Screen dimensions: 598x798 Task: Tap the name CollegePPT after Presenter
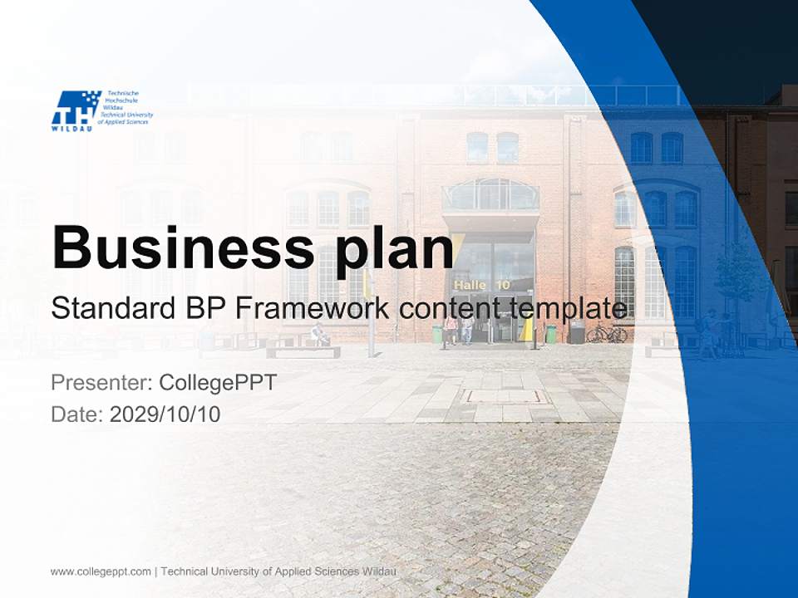coord(217,383)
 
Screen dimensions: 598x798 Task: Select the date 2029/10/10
coord(165,414)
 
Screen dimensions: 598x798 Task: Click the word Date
coord(76,414)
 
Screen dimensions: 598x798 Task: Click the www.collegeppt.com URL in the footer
coord(101,571)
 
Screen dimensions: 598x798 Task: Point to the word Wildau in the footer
coord(379,571)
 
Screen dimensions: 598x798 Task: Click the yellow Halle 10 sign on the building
coord(482,285)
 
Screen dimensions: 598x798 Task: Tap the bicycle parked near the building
coord(607,333)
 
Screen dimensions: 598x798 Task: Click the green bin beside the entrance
coord(550,334)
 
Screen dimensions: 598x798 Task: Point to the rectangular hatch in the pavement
coord(506,397)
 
